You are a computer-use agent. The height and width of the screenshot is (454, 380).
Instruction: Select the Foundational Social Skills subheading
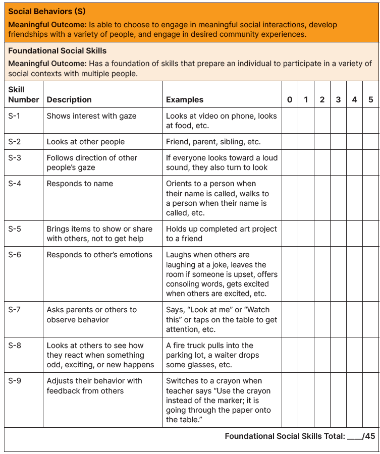click(57, 50)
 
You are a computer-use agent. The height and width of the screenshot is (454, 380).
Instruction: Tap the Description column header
click(69, 100)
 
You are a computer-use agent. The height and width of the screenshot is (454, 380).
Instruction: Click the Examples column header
click(185, 100)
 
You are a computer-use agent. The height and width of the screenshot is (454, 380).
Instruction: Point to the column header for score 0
click(290, 100)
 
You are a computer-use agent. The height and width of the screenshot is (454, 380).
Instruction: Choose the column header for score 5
click(371, 100)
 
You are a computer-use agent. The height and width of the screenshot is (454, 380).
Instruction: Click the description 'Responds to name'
click(80, 184)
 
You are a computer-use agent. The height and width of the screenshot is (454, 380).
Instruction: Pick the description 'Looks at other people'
click(86, 142)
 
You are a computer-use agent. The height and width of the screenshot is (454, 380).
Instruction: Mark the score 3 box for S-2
click(339, 142)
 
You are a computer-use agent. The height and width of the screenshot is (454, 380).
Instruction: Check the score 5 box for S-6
click(371, 274)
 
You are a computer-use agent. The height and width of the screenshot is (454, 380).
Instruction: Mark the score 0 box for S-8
click(290, 355)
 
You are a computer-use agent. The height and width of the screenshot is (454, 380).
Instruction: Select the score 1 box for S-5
click(306, 234)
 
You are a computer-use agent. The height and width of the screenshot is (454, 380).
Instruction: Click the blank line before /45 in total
click(355, 437)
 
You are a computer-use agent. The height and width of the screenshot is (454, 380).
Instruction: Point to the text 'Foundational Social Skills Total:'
click(285, 436)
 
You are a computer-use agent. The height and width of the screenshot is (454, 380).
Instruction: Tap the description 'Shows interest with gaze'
click(91, 116)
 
